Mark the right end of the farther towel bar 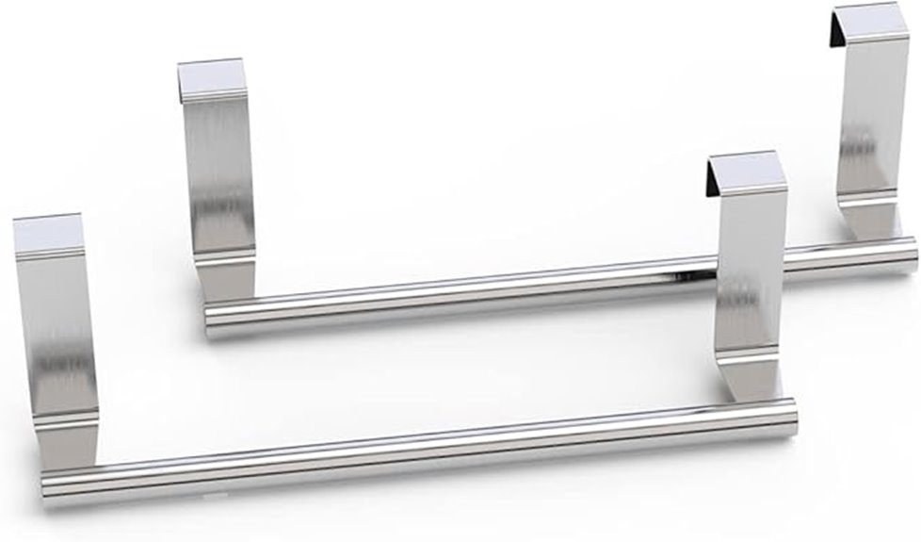click(911, 252)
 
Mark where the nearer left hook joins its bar click(71, 452)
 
